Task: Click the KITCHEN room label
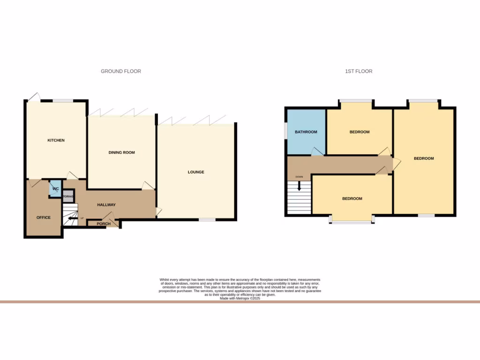(x=56, y=141)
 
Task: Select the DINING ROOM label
(x=121, y=152)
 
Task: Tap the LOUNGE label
(x=196, y=172)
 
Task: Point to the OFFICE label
(x=43, y=217)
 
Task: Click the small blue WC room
(x=55, y=189)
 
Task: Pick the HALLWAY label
(x=106, y=205)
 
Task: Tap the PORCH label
(x=104, y=224)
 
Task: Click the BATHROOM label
(x=306, y=132)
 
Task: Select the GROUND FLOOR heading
(x=121, y=71)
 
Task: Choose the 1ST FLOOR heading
(x=359, y=71)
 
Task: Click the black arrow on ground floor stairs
(x=71, y=218)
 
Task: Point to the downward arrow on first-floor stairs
(x=299, y=186)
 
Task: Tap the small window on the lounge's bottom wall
(x=207, y=219)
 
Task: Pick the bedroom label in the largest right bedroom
(x=424, y=158)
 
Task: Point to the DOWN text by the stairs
(x=299, y=177)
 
